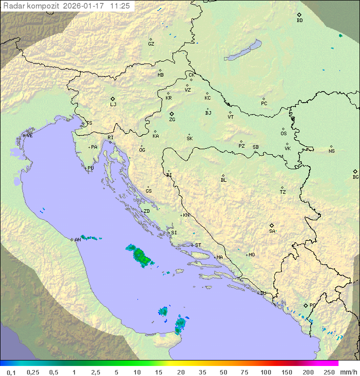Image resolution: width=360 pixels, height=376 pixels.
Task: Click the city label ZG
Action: pos(172,120)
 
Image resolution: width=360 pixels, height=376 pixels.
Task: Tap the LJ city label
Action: pos(113,105)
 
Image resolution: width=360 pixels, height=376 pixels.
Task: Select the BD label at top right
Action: pos(299,21)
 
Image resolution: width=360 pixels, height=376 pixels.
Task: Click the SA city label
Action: pos(272,231)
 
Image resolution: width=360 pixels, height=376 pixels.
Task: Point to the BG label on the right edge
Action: pos(355,177)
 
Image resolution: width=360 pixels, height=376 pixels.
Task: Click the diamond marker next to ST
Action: pos(192,245)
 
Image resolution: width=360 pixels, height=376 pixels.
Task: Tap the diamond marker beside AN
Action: pos(72,239)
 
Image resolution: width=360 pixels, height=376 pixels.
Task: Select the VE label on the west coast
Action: pos(29,136)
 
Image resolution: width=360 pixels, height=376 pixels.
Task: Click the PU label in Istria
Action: pos(90,168)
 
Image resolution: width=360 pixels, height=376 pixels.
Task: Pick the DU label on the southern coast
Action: pos(262,293)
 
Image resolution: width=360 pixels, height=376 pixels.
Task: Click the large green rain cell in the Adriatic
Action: pos(141,256)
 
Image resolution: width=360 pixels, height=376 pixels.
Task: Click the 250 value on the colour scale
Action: pos(329,372)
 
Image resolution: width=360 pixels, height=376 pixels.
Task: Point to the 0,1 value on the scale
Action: pos(11,372)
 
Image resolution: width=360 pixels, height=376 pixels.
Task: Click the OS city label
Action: pos(283,134)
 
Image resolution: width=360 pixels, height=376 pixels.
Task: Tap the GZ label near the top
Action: pos(151,44)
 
